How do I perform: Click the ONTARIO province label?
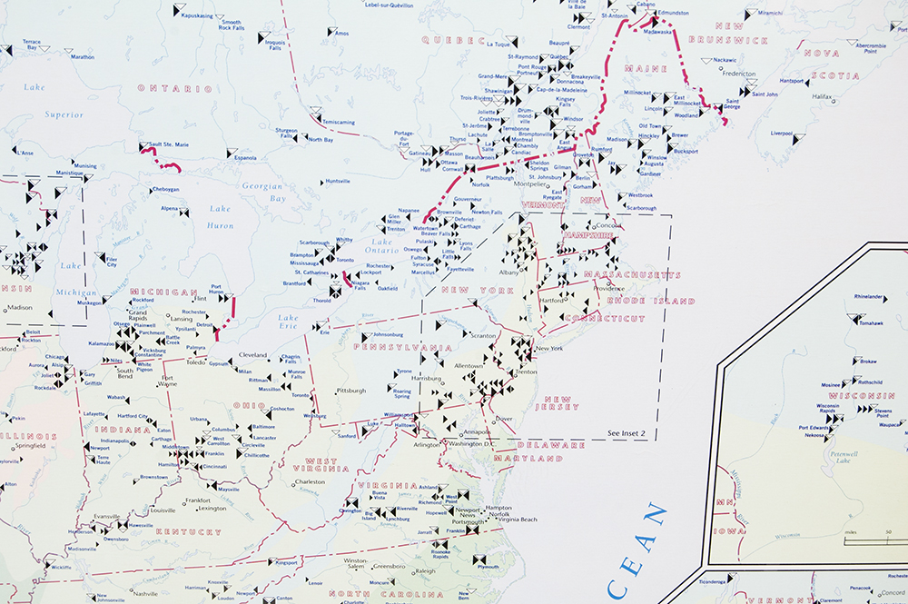coord(174,89)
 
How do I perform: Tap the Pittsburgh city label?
coord(350,391)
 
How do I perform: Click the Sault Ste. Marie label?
coord(169,144)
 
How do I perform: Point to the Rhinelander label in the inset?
coord(868,296)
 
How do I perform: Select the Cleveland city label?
coord(253,355)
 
